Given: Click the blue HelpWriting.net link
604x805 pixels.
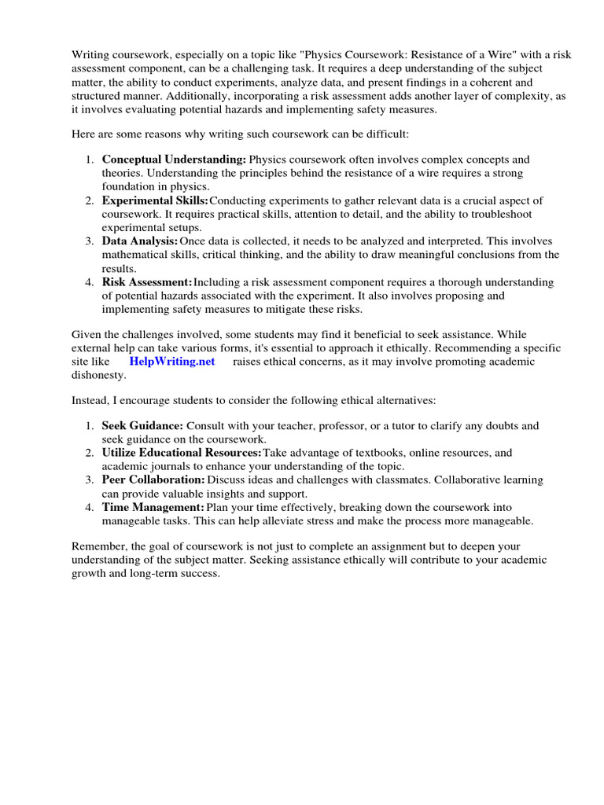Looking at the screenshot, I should (x=171, y=362).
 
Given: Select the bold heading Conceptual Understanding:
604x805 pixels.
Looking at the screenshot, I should (x=174, y=160).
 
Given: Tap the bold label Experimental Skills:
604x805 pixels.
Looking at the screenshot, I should (x=155, y=200).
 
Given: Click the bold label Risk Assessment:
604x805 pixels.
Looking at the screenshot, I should (x=147, y=281).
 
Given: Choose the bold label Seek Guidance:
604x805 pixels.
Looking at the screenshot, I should (x=142, y=425).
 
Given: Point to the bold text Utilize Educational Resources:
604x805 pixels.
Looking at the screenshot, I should (x=182, y=453).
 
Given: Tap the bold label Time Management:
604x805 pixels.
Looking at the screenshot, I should (x=153, y=507).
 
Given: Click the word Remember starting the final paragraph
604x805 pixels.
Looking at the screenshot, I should (x=98, y=546).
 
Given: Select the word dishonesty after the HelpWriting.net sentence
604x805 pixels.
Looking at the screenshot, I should (x=98, y=376).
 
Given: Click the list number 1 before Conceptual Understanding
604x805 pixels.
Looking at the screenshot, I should (x=89, y=160).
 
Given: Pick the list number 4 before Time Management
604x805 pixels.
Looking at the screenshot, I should (x=89, y=507).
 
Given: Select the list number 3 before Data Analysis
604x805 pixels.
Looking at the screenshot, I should (x=89, y=241).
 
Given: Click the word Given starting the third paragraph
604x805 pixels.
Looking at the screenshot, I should (x=87, y=335).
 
